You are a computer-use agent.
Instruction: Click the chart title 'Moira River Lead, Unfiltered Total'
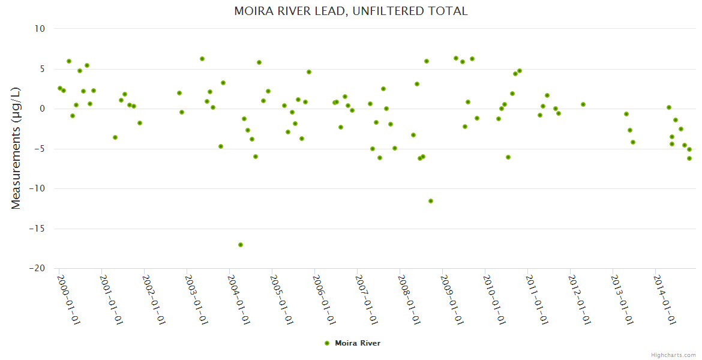pyautogui.click(x=351, y=11)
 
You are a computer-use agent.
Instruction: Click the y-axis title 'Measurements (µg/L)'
pyautogui.click(x=16, y=148)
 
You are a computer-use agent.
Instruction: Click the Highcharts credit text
pyautogui.click(x=673, y=355)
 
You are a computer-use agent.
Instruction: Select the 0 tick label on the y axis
pyautogui.click(x=43, y=109)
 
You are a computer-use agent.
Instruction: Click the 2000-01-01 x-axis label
pyautogui.click(x=68, y=299)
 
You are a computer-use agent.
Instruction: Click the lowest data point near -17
pyautogui.click(x=241, y=245)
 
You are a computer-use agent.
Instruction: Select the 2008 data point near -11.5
pyautogui.click(x=431, y=201)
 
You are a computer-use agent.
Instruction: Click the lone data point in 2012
pyautogui.click(x=583, y=104)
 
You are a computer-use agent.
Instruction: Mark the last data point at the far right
pyautogui.click(x=689, y=158)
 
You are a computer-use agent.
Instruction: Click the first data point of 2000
pyautogui.click(x=60, y=88)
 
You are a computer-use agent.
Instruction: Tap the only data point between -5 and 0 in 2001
pyautogui.click(x=115, y=137)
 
